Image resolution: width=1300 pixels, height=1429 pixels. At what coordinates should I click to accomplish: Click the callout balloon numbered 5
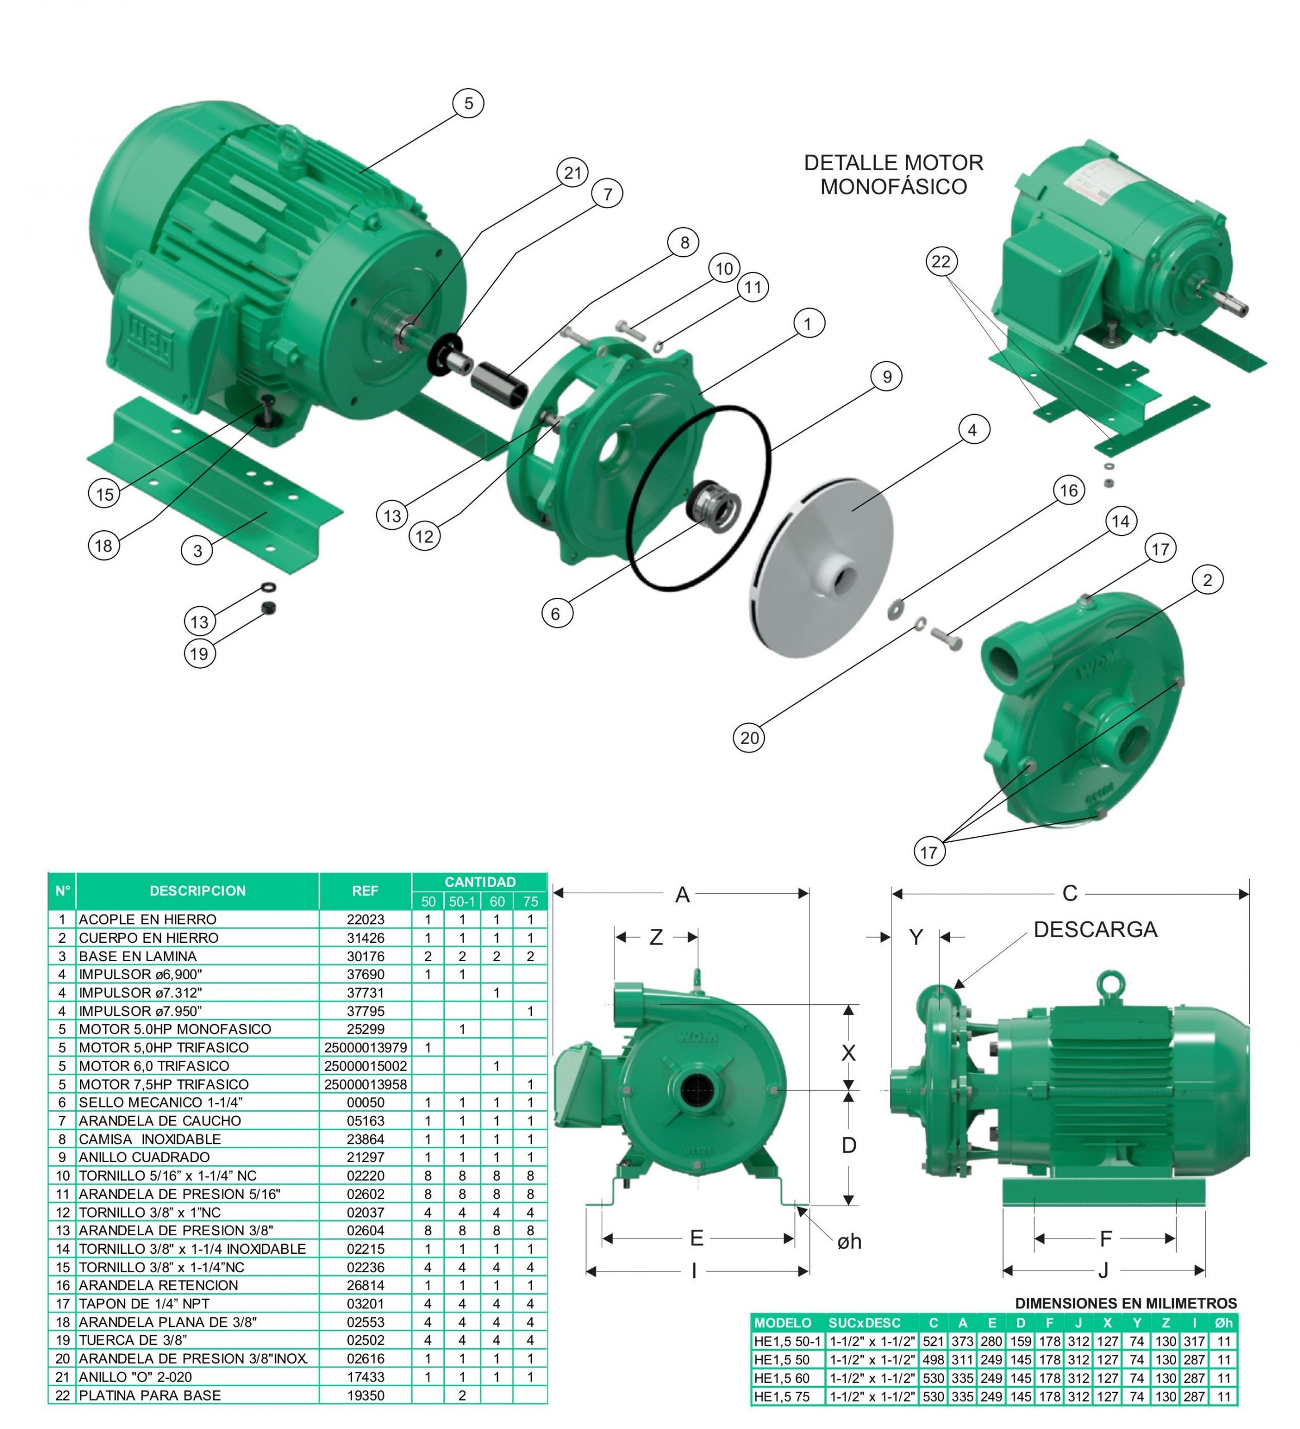[468, 103]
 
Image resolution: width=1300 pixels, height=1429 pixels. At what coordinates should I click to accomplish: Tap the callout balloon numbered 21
[572, 172]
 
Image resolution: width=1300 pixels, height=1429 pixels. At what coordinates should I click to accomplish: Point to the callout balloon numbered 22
[941, 262]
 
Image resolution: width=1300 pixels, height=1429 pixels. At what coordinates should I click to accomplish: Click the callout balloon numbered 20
[749, 738]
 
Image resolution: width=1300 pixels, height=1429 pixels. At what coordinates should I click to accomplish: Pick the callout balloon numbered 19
[199, 654]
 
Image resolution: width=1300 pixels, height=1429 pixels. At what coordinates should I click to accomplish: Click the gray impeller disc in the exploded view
[821, 568]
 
